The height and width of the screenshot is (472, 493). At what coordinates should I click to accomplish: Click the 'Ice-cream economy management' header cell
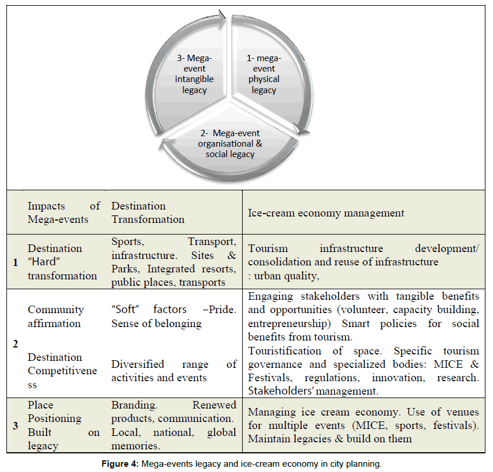pos(326,213)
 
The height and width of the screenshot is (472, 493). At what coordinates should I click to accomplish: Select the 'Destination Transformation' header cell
pos(148,212)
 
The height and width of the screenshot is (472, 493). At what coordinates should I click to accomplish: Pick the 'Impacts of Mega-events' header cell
pos(63,212)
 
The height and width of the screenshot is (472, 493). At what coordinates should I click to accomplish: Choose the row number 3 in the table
pos(15,426)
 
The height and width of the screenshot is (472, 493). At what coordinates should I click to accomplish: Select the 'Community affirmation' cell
pos(56,316)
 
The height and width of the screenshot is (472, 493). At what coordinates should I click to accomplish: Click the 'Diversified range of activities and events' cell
pos(173,371)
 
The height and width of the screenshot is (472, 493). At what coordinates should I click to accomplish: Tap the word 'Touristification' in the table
pos(285,351)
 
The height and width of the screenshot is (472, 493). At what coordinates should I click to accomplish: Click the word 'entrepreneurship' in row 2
pos(286,323)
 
